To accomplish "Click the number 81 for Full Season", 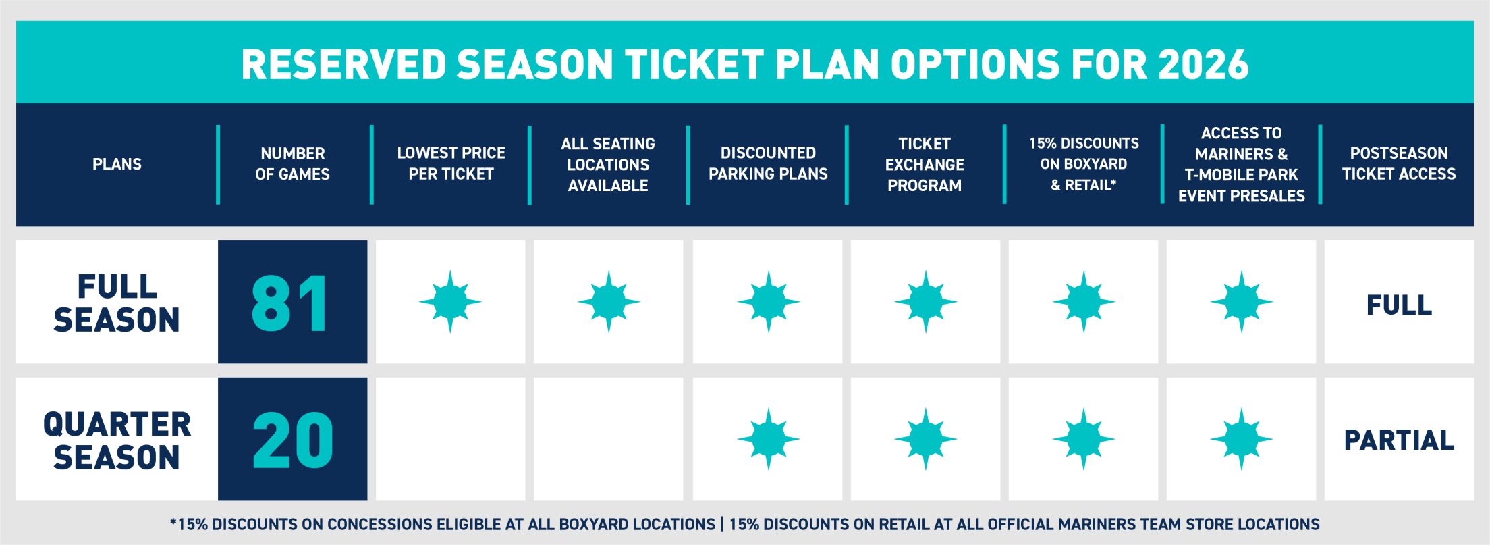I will pyautogui.click(x=291, y=303).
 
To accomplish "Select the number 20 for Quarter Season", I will pyautogui.click(x=293, y=440).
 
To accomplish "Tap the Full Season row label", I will pyautogui.click(x=117, y=303).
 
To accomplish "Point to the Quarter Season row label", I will pyautogui.click(x=117, y=440).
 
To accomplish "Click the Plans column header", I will pyautogui.click(x=117, y=164).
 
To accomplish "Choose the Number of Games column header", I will pyautogui.click(x=292, y=164).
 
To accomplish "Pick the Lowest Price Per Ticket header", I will pyautogui.click(x=451, y=163).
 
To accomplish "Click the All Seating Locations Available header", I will pyautogui.click(x=608, y=164).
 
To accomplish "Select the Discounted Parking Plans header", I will pyautogui.click(x=768, y=163).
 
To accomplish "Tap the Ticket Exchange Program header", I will pyautogui.click(x=925, y=164).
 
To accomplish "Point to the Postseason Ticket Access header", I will pyautogui.click(x=1398, y=163).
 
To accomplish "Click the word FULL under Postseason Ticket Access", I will pyautogui.click(x=1399, y=305).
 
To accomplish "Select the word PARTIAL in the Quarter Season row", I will pyautogui.click(x=1399, y=440).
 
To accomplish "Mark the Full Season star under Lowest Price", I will pyautogui.click(x=450, y=302).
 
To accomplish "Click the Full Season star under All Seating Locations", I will pyautogui.click(x=609, y=302).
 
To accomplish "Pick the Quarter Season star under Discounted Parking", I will pyautogui.click(x=768, y=439).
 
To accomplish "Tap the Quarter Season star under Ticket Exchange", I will pyautogui.click(x=926, y=439).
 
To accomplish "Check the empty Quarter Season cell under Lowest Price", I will pyautogui.click(x=450, y=439).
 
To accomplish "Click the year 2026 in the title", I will pyautogui.click(x=1203, y=65).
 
